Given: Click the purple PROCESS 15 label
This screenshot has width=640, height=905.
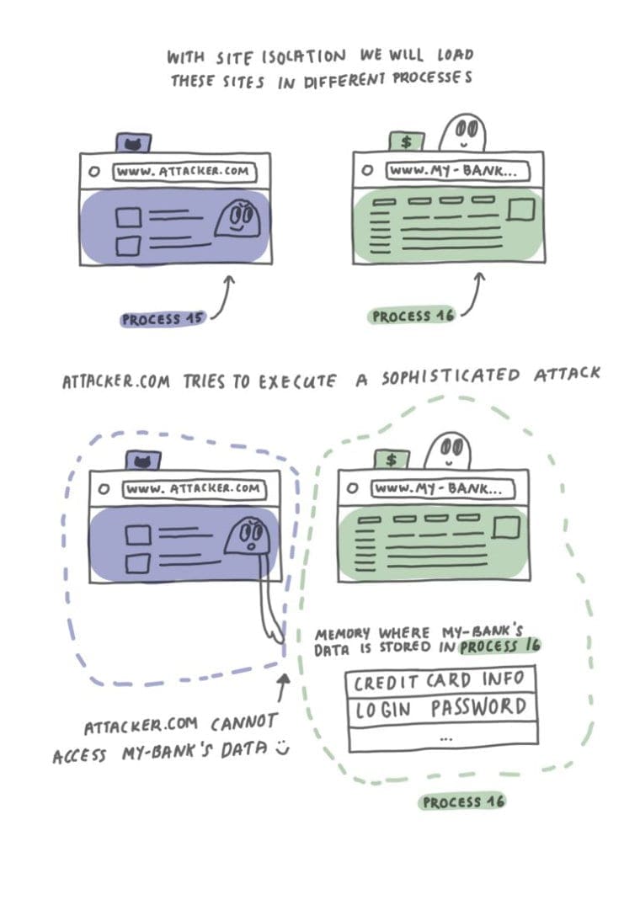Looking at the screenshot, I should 163,320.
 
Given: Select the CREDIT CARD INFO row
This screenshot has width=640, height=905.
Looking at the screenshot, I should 440,680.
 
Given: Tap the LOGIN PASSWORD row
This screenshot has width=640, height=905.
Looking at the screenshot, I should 440,708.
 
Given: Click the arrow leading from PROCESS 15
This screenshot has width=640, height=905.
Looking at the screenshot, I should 224,300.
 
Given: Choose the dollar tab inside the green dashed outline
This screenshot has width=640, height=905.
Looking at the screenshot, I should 392,459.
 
